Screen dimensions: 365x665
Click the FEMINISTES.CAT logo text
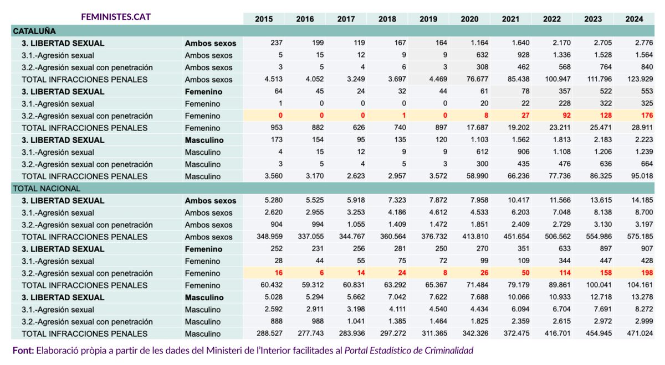(115, 17)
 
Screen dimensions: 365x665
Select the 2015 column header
(264, 19)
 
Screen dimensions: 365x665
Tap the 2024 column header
(634, 19)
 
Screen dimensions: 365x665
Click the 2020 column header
(469, 19)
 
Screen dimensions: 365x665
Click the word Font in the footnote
(23, 351)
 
